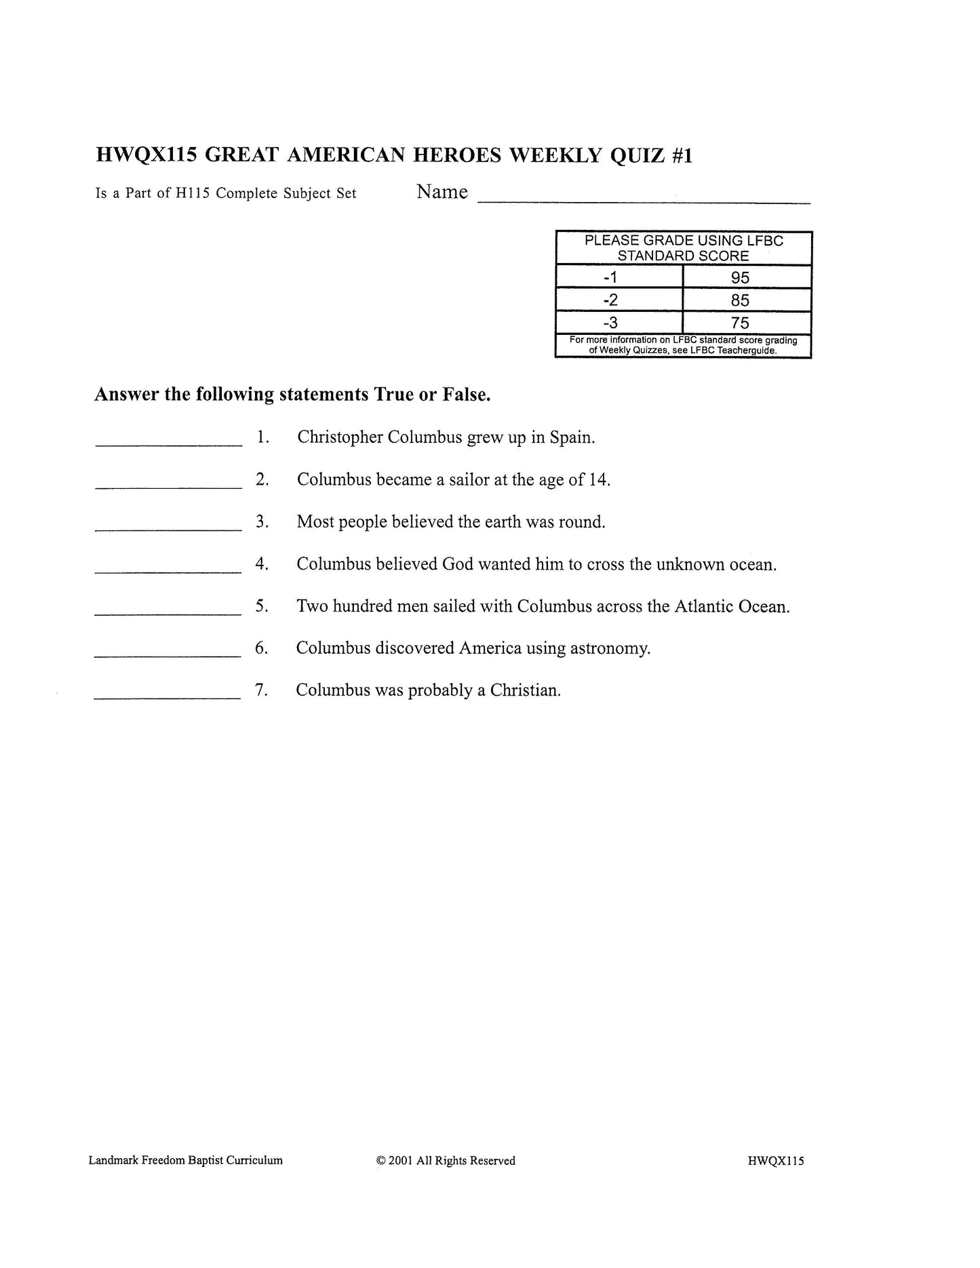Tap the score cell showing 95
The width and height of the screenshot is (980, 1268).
[740, 277]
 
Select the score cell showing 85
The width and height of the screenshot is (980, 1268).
[740, 300]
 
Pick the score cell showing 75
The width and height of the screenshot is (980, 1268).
[740, 323]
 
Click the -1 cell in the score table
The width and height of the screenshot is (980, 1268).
[611, 277]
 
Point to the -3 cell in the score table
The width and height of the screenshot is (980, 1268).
[611, 323]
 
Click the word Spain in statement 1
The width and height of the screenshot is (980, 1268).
[572, 438]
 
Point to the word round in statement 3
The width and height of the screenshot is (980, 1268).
[581, 522]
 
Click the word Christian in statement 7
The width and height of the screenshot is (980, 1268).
[525, 690]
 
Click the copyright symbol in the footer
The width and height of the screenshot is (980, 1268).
[380, 1161]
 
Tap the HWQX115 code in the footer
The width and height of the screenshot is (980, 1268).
[776, 1161]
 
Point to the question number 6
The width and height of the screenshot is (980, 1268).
[261, 648]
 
